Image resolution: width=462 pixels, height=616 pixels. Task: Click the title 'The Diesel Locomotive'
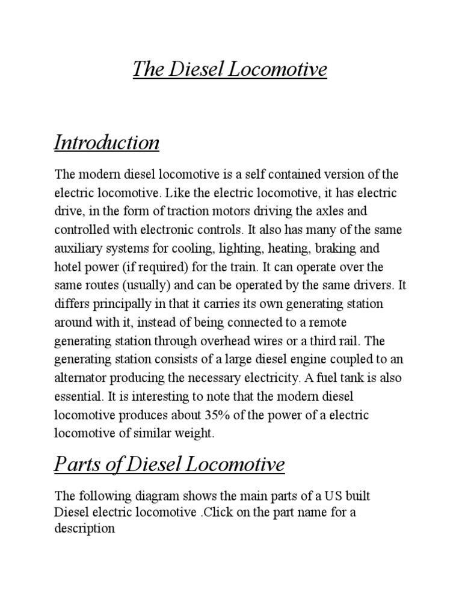click(x=230, y=70)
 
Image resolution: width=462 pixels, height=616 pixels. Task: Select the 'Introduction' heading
click(x=106, y=143)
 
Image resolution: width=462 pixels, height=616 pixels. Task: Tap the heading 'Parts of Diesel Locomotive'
click(x=169, y=464)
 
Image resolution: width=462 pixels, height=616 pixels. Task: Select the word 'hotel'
click(x=66, y=267)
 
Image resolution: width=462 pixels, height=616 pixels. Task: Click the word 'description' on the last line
click(x=85, y=529)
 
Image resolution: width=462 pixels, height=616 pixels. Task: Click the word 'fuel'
click(x=319, y=379)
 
